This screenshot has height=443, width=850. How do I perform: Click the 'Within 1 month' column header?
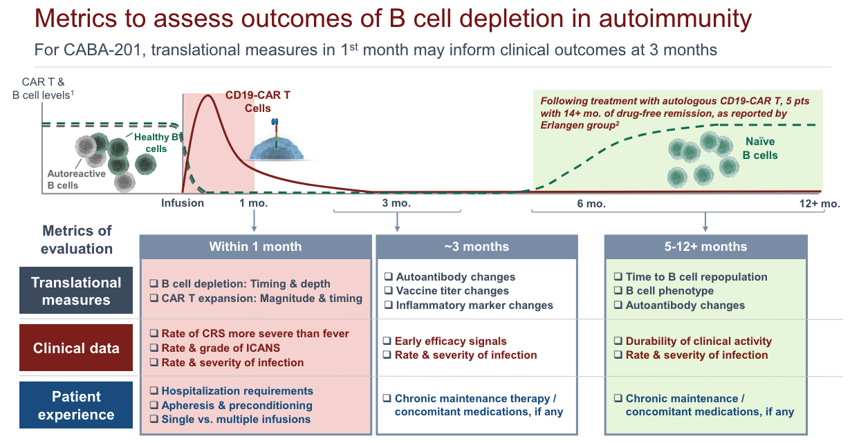255,247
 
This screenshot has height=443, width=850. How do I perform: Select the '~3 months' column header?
476,247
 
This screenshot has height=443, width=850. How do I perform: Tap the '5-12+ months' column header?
705,247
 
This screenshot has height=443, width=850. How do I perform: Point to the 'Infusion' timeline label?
183,203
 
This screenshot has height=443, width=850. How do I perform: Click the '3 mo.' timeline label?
396,203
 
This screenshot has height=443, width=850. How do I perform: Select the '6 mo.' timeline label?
591,203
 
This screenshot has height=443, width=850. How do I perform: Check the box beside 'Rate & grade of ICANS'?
155,348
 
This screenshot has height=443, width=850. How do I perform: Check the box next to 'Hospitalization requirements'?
155,391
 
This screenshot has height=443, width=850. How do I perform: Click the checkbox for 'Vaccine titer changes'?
389,292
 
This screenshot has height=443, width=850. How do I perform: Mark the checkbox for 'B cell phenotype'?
619,292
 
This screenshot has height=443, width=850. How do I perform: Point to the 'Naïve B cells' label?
759,149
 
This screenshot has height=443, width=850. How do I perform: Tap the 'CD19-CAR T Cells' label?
257,101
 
